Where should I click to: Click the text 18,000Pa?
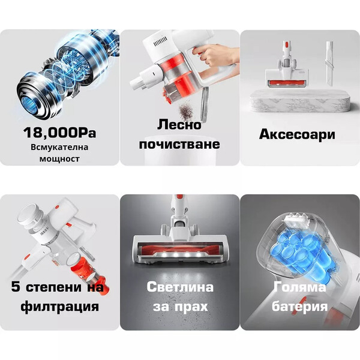pos(59,133)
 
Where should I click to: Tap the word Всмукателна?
pos(59,147)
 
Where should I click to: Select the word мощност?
pos(59,158)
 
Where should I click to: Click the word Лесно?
pos(179,125)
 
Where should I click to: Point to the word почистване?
pos(179,144)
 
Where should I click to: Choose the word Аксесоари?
pos(297,134)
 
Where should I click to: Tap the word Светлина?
pos(180,287)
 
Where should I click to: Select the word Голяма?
pos(299,287)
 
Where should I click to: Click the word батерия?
pos(299,306)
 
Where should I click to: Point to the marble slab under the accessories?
pos(300,101)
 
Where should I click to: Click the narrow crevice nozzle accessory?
pos(329,63)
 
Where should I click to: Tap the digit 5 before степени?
pos(16,287)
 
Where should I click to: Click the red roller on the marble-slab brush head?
pos(287,82)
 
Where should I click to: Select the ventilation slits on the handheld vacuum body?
pos(160,43)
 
